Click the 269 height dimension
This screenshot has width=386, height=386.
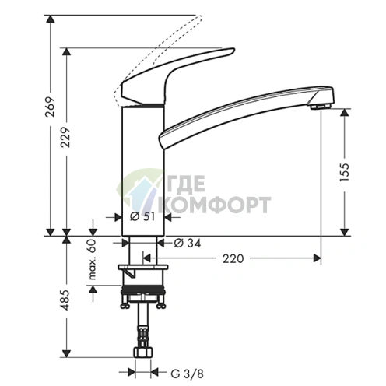50,107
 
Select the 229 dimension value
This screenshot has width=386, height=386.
65,137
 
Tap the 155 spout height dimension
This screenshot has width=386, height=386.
345,172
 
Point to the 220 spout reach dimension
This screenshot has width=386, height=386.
233,258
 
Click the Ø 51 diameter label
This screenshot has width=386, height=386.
142,217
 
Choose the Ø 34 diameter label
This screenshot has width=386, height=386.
188,243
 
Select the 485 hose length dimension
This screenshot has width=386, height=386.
65,300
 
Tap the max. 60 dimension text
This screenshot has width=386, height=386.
93,260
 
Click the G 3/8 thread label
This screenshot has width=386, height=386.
188,374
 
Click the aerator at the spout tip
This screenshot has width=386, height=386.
321,107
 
